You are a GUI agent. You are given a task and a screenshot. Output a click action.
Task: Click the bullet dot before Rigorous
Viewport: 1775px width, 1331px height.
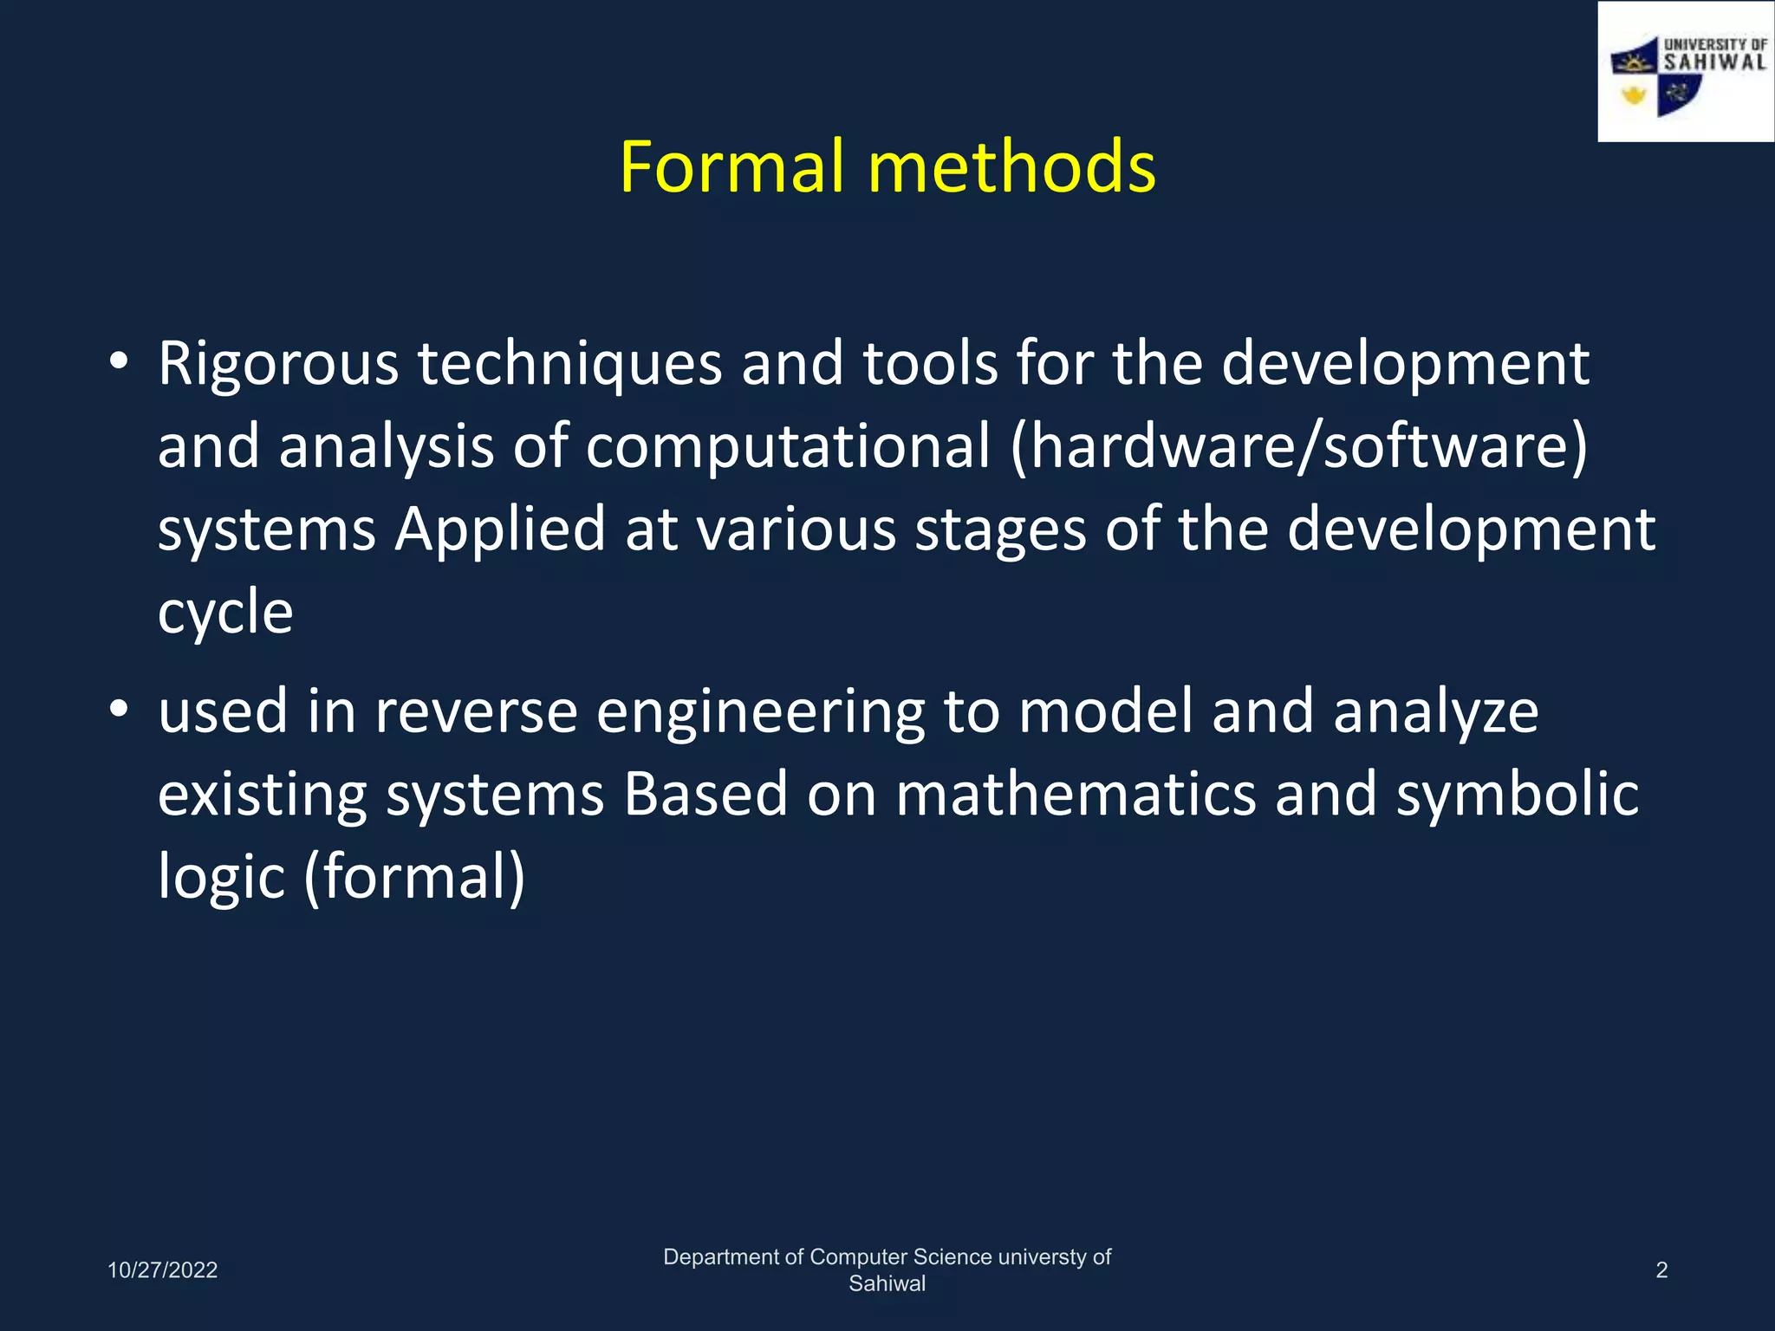pyautogui.click(x=120, y=361)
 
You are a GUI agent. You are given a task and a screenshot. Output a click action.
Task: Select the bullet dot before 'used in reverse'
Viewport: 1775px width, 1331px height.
pyautogui.click(x=120, y=711)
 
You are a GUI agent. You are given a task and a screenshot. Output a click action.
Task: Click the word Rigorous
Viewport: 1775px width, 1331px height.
pyautogui.click(x=277, y=364)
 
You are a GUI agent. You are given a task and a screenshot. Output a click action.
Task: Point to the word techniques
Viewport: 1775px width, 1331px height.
pyautogui.click(x=569, y=364)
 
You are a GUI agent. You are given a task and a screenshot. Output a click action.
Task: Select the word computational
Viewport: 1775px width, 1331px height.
pyautogui.click(x=787, y=447)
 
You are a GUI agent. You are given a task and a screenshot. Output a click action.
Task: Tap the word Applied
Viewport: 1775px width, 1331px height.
pyautogui.click(x=500, y=529)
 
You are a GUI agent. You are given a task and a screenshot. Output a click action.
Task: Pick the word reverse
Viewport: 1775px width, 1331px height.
pyautogui.click(x=476, y=712)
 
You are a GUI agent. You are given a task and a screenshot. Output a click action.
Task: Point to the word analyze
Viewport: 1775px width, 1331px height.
pyautogui.click(x=1435, y=712)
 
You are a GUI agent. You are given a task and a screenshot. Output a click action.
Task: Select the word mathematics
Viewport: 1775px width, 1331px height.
pyautogui.click(x=1076, y=795)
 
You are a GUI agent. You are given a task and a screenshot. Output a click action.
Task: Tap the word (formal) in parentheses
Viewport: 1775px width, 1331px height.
pyautogui.click(x=414, y=877)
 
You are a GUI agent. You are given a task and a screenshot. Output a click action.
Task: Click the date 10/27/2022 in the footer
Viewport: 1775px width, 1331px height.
pyautogui.click(x=162, y=1270)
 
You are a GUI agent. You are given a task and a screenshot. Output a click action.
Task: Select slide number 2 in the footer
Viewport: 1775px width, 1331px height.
pyautogui.click(x=1661, y=1270)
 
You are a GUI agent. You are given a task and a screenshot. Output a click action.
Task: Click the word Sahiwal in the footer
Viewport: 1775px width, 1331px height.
pyautogui.click(x=887, y=1284)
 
